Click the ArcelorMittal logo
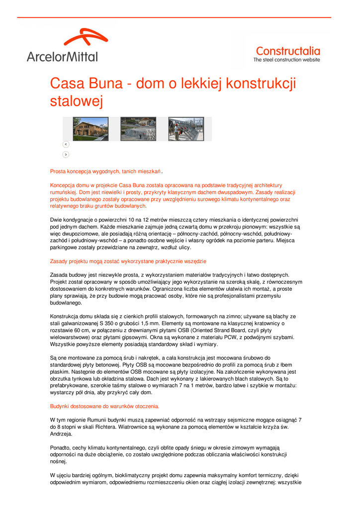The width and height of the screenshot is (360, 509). tap(63, 46)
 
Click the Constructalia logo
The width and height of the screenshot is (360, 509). tap(287, 51)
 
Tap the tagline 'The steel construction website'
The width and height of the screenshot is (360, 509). tap(287, 60)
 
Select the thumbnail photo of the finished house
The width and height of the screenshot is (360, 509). tap(90, 129)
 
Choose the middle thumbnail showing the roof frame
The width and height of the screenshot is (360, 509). tap(138, 129)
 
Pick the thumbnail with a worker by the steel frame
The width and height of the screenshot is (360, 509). tap(185, 129)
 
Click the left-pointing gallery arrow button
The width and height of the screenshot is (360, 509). tap(66, 144)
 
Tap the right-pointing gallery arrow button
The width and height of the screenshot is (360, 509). tap(66, 155)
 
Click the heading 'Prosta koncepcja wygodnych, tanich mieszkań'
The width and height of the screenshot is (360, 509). tap(105, 171)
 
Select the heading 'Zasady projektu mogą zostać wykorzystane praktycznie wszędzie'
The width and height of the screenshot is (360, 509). tap(128, 261)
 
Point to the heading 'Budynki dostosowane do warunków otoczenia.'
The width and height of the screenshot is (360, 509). tap(105, 406)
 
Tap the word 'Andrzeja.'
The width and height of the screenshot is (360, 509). tap(62, 433)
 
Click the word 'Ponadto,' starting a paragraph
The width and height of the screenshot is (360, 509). tap(61, 447)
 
